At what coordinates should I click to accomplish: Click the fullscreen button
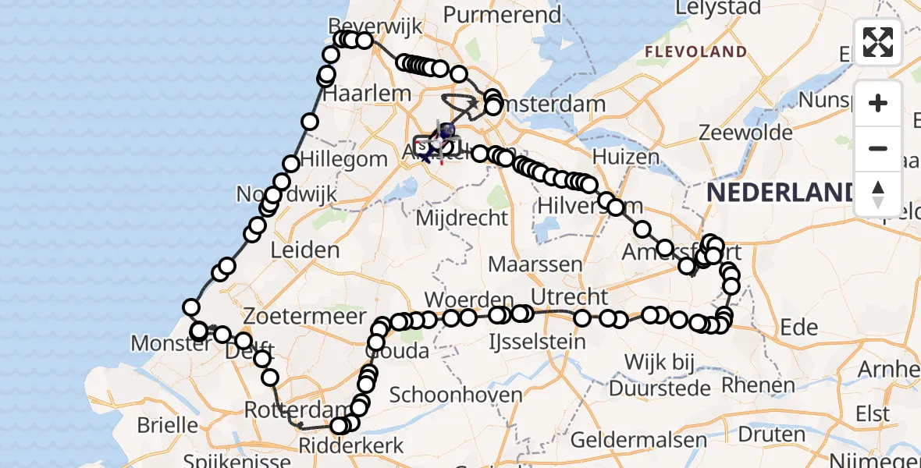click(878, 41)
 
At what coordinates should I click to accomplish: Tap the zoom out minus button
click(878, 148)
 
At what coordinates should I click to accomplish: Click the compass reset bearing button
click(878, 193)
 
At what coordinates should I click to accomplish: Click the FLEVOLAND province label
click(695, 51)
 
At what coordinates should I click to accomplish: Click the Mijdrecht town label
click(462, 218)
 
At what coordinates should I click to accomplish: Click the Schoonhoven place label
click(456, 395)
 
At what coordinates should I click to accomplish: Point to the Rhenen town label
click(758, 385)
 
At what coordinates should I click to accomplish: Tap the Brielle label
click(167, 425)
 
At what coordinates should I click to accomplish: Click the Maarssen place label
click(535, 264)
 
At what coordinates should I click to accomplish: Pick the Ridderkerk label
click(351, 446)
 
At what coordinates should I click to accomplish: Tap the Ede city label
click(798, 328)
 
